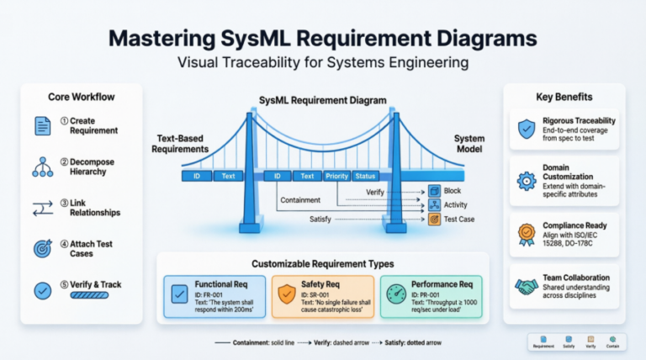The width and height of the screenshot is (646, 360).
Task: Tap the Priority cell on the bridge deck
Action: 336,177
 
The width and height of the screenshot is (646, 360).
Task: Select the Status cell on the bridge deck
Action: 365,177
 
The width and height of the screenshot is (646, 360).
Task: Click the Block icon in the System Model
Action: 434,191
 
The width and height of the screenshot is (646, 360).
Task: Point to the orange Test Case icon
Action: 434,219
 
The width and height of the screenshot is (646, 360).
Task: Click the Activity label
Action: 457,205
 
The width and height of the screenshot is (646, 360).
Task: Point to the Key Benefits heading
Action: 563,96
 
